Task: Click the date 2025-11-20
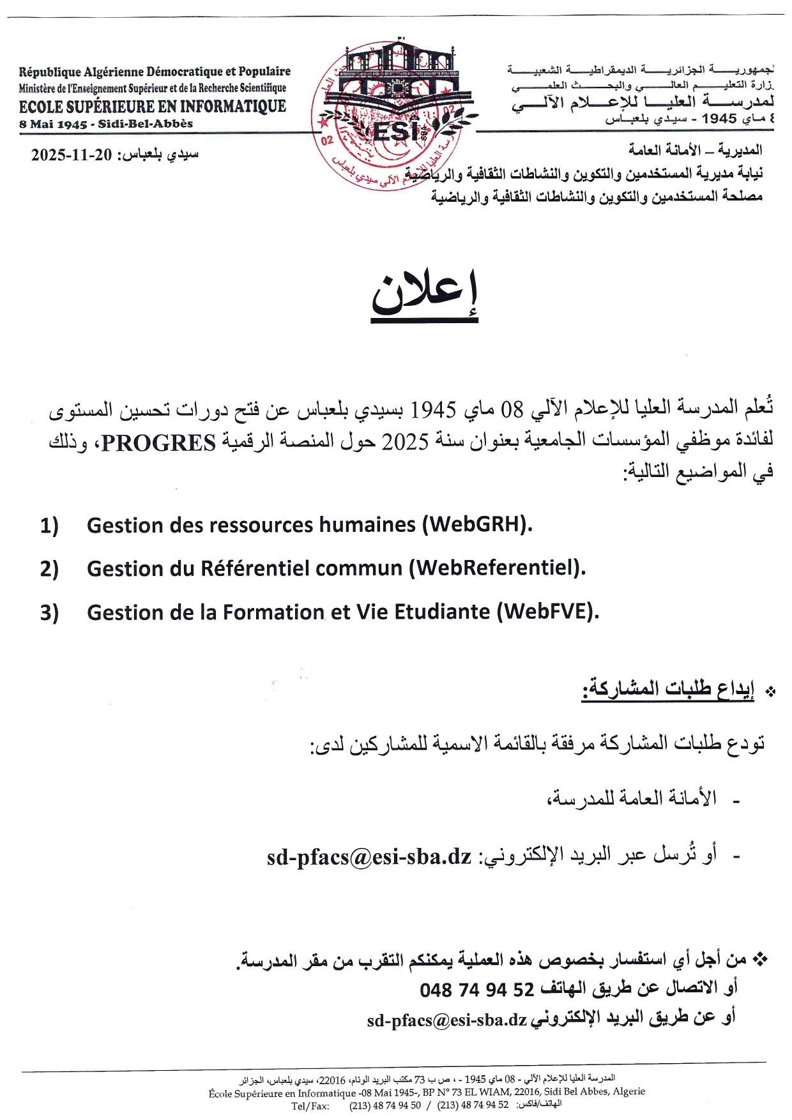72,155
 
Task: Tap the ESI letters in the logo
395,132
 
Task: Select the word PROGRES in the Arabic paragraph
159,443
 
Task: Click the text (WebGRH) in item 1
476,525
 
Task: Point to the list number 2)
49,569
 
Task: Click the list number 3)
49,612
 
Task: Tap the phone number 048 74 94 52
476,990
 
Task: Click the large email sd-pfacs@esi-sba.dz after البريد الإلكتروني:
369,856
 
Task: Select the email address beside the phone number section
446,1020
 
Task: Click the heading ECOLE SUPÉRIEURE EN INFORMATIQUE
153,107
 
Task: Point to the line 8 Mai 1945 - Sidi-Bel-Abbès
106,124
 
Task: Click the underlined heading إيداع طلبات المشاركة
668,688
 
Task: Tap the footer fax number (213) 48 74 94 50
385,1105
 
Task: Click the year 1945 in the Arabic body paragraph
432,409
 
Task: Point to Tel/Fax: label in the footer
310,1105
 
